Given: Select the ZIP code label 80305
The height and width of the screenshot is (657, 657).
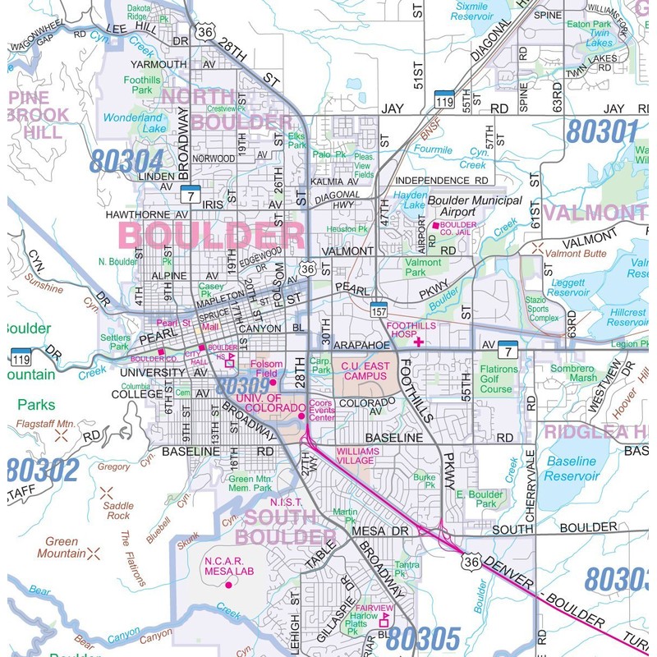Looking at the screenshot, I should (x=423, y=637).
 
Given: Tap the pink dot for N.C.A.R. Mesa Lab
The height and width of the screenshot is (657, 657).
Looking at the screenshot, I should (x=227, y=585).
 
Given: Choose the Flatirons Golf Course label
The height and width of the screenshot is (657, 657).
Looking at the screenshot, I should (x=498, y=379).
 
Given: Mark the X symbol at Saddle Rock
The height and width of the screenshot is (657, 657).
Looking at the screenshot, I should (x=106, y=493).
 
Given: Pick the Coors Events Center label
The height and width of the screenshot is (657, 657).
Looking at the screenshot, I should (x=322, y=410).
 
